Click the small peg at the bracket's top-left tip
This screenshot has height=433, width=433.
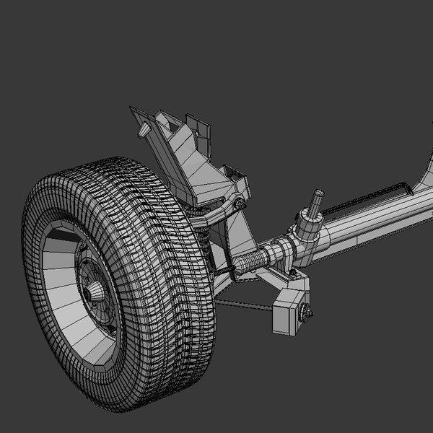(145, 130)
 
